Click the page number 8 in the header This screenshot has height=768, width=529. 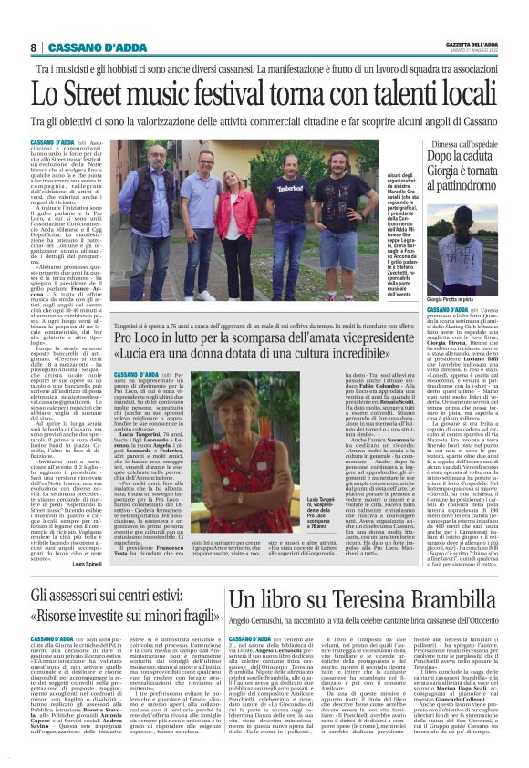[33, 47]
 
